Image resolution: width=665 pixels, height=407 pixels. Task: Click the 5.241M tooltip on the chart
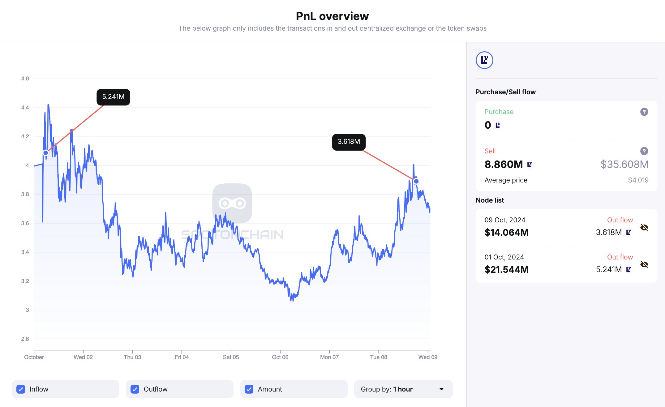point(113,97)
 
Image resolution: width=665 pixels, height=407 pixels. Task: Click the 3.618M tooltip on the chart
point(349,142)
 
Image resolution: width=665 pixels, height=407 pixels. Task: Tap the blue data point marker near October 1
point(46,153)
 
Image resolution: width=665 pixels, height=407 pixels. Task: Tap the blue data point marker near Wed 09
point(416,182)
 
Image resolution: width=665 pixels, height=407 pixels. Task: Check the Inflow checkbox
point(21,389)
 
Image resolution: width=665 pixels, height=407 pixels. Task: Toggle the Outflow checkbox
point(135,389)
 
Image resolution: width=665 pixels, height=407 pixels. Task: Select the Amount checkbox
point(249,389)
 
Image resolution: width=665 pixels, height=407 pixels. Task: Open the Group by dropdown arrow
point(441,389)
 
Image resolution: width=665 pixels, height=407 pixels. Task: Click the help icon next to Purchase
point(644,112)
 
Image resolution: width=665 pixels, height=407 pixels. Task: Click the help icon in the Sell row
point(644,151)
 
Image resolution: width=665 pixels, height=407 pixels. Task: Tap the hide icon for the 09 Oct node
point(644,228)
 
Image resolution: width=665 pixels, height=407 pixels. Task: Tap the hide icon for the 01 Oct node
point(644,264)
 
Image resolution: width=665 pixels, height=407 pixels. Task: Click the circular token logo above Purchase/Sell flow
point(484,60)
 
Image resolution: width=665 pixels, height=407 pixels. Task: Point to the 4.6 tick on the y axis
point(25,79)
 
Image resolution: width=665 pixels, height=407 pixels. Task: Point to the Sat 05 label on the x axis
point(231,357)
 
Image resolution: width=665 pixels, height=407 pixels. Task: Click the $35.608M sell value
point(624,164)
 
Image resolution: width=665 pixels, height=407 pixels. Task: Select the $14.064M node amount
point(506,233)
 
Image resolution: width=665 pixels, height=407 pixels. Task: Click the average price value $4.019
point(638,180)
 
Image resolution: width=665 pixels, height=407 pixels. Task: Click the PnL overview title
point(332,16)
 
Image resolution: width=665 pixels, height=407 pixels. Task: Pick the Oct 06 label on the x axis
point(280,357)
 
